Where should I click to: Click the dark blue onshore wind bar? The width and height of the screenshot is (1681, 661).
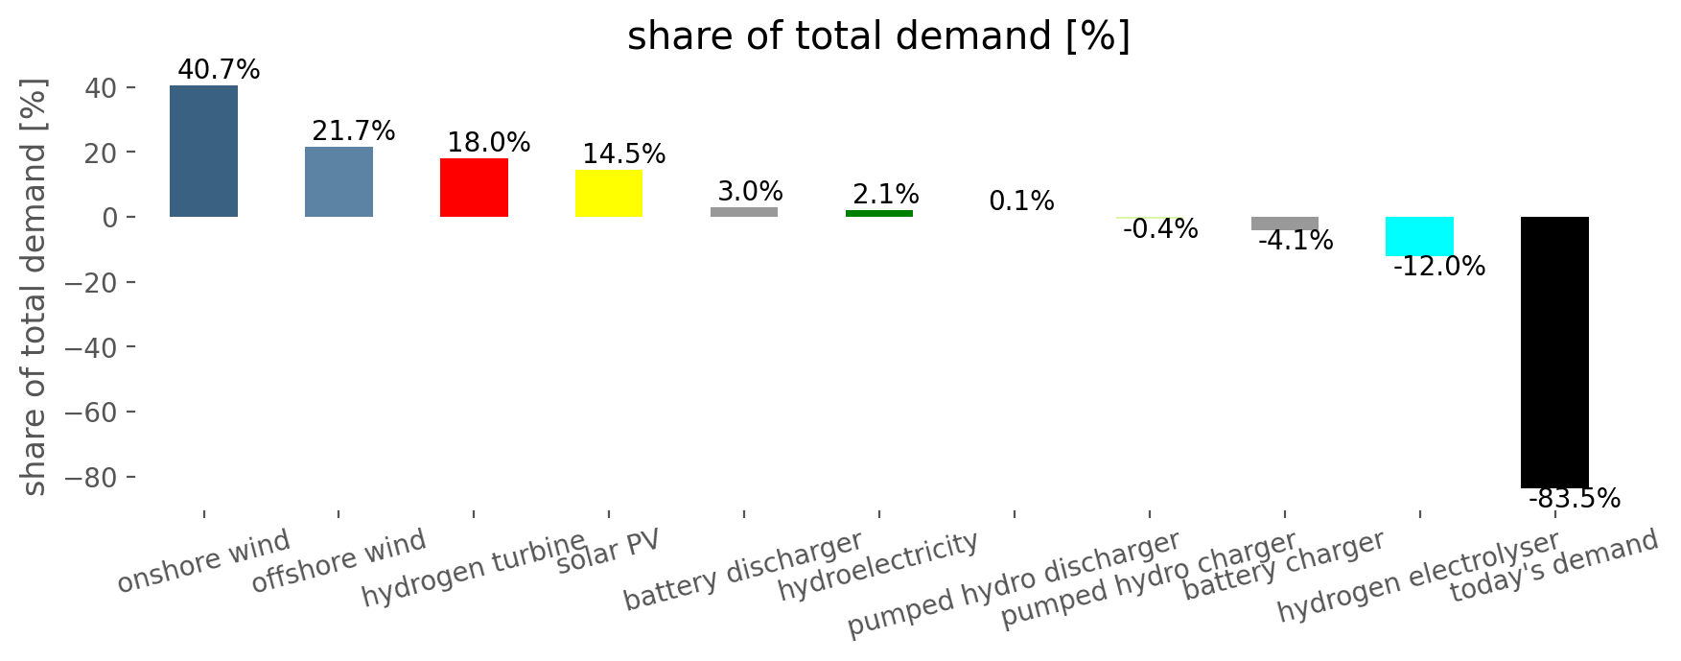click(x=203, y=152)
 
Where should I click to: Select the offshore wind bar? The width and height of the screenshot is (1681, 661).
click(x=339, y=182)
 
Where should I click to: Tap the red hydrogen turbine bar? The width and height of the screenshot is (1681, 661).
click(x=474, y=188)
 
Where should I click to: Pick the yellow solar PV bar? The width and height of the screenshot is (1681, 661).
click(x=609, y=194)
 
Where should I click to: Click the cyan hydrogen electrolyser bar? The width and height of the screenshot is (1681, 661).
click(x=1419, y=236)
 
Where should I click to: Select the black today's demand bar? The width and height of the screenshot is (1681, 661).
click(x=1554, y=352)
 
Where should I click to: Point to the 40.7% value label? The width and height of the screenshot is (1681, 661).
click(x=219, y=70)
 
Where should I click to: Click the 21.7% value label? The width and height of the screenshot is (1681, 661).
click(x=354, y=130)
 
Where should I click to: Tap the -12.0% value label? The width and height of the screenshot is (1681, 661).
click(x=1438, y=267)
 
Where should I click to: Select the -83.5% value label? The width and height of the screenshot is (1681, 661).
click(x=1574, y=499)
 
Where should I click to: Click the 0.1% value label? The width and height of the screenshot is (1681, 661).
click(x=1021, y=201)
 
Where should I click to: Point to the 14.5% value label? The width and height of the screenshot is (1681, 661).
click(x=623, y=153)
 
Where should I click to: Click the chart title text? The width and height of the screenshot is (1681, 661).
click(x=878, y=36)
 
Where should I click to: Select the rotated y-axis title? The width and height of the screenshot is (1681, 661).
click(x=35, y=288)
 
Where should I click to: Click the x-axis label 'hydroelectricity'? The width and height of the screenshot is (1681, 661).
click(x=877, y=566)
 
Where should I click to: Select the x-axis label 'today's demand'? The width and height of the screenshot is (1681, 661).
click(x=1553, y=566)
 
